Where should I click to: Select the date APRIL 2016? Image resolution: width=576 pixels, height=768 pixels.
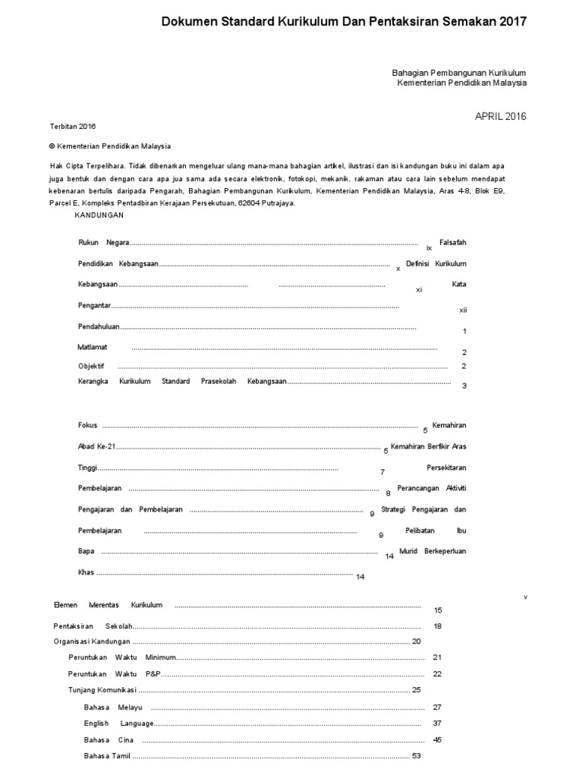[500, 116]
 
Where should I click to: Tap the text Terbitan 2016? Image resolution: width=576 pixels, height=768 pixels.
[73, 127]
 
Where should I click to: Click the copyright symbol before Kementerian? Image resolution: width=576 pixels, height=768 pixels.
[52, 147]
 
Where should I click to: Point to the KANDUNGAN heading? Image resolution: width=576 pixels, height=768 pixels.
[99, 215]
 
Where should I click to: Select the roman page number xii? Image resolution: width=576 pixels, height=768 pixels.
[463, 310]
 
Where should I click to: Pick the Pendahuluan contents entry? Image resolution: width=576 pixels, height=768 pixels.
[99, 327]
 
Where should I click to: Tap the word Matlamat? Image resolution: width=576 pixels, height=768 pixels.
[92, 347]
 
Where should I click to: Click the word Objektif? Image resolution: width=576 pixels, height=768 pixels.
[91, 366]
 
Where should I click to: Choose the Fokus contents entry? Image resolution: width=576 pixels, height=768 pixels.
[88, 425]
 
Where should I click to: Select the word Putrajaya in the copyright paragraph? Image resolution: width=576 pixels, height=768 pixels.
[276, 203]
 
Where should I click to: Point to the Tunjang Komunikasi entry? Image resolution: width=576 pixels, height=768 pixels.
[103, 690]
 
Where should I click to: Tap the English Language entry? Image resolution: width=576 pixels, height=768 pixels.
[118, 724]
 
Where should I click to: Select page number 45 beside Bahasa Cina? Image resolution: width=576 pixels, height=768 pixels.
[437, 740]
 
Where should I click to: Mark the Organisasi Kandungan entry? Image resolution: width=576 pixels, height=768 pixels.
[91, 642]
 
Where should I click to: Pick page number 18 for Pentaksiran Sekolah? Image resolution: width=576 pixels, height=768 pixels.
[437, 626]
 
